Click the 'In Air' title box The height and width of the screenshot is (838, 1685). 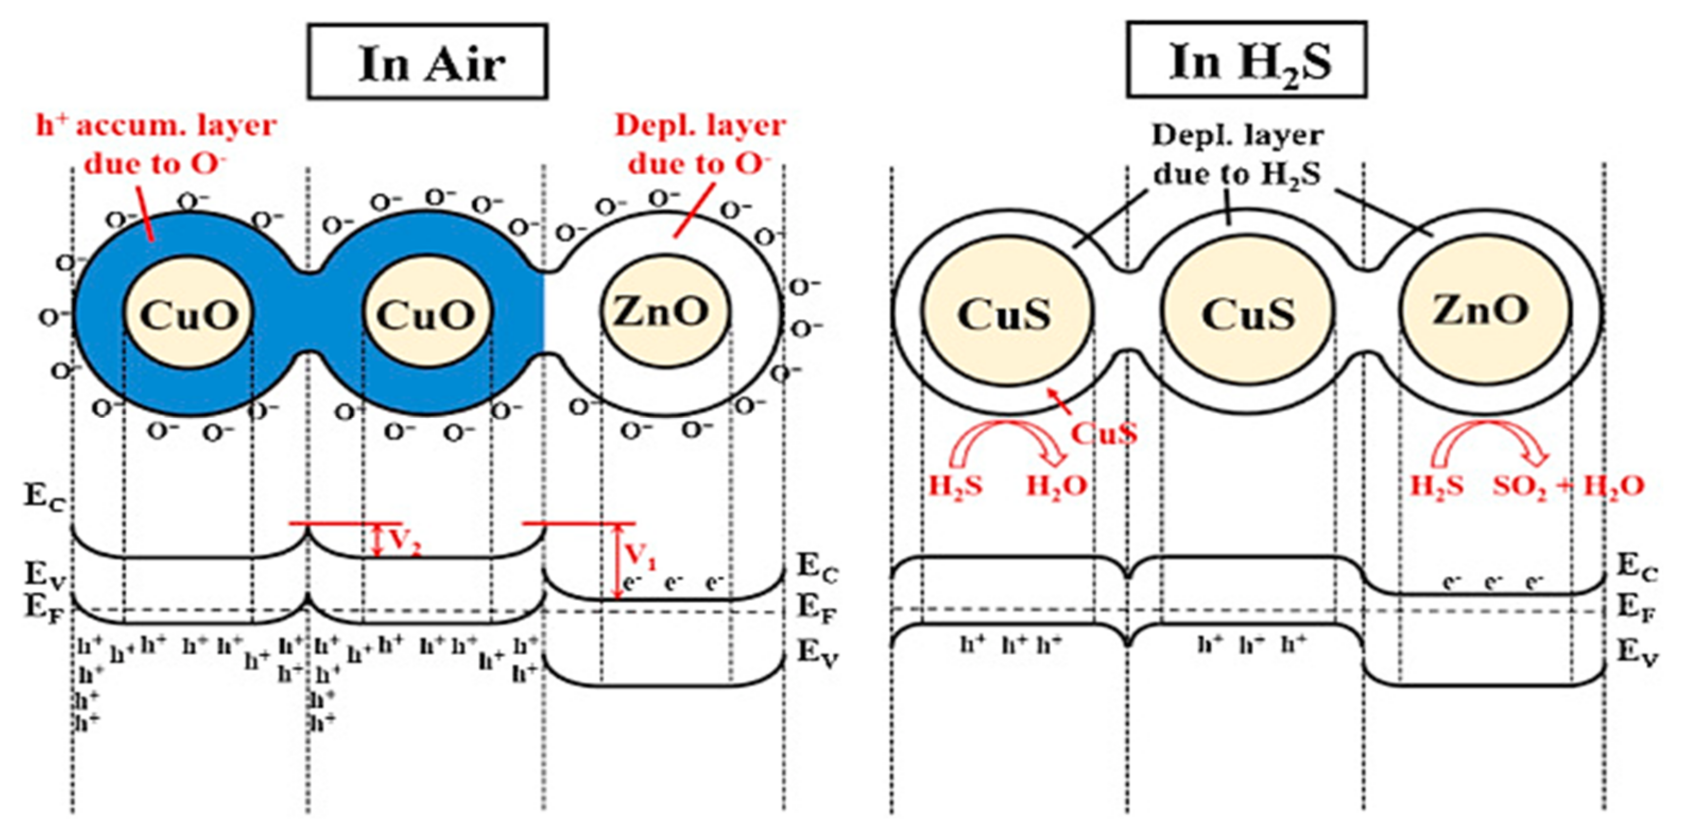pos(428,62)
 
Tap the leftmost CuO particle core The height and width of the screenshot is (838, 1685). pos(189,314)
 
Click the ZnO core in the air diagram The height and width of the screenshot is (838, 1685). pos(660,311)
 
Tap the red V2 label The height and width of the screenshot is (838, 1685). pos(404,541)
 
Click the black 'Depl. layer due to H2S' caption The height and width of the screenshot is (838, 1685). pos(1236,155)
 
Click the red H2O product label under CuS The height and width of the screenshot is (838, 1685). pos(1056,485)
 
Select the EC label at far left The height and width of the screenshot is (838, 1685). pos(45,496)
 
